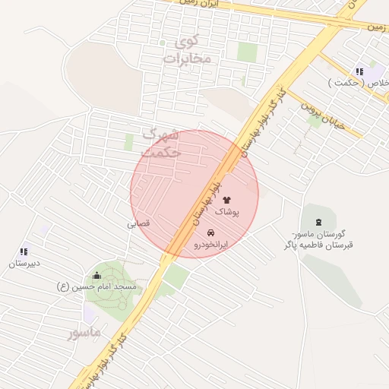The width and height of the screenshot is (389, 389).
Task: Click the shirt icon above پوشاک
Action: point(226,199)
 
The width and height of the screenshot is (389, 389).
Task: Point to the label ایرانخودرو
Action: point(210,245)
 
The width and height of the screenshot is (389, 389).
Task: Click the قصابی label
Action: point(138,224)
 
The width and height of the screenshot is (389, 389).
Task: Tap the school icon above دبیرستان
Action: point(24,251)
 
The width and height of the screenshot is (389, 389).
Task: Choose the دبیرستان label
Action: point(24,264)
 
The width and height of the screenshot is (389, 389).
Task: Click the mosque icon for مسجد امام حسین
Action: point(96,275)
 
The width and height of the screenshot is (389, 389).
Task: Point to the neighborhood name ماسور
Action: point(84,333)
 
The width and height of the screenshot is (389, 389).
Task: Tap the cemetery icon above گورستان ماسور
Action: point(317,221)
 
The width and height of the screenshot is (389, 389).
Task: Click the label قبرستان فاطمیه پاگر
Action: point(318,245)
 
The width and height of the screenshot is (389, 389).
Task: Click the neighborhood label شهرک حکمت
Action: point(162,143)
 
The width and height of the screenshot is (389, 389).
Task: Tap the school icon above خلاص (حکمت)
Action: point(359,71)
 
